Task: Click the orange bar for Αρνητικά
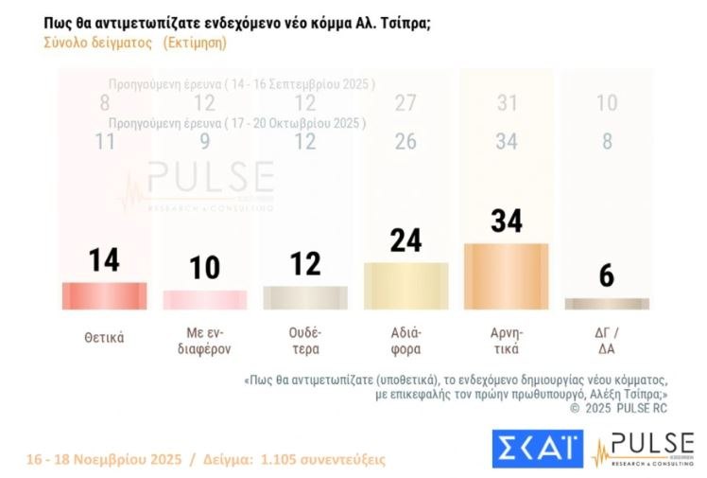point(506,275)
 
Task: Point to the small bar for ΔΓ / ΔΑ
point(606,304)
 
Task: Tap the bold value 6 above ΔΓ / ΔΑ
point(606,276)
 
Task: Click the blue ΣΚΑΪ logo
point(537,449)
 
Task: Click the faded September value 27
point(406,104)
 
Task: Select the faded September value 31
point(508,104)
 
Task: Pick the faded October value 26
point(406,143)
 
